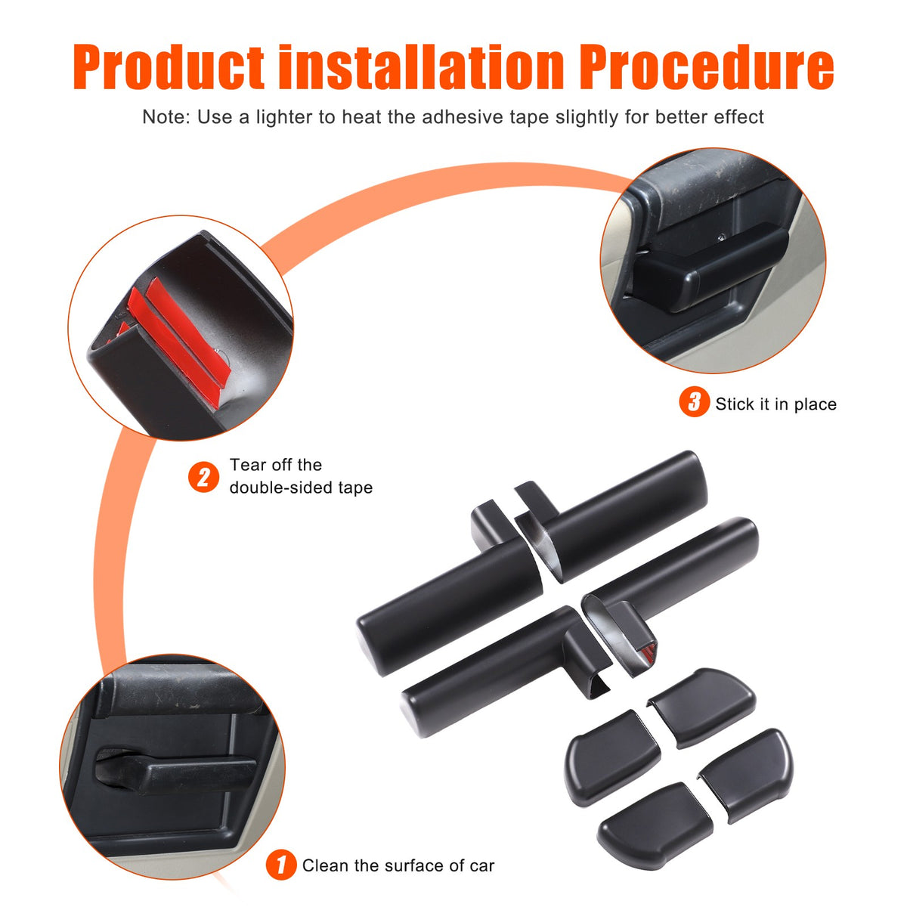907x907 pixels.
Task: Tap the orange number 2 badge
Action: [203, 477]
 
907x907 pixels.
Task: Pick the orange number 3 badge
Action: [694, 401]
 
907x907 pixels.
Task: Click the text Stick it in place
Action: [775, 404]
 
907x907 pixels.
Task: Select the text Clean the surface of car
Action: [398, 865]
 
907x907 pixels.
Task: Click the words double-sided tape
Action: [301, 488]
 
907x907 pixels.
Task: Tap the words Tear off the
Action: [276, 465]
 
